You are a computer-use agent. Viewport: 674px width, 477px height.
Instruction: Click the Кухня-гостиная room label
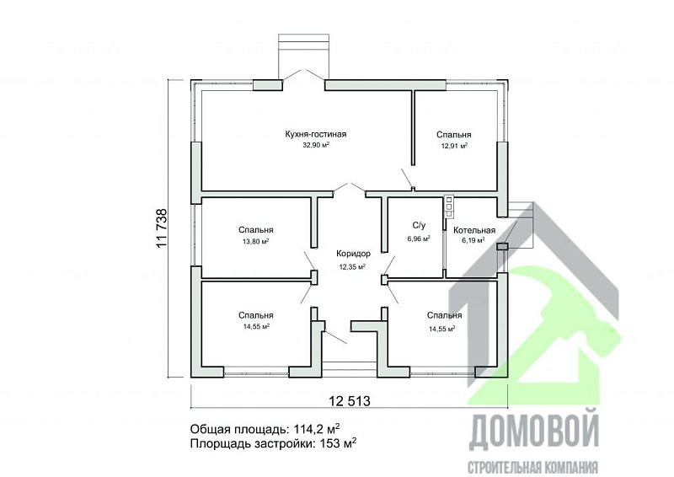click(316, 134)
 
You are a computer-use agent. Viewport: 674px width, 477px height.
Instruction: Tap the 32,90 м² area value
click(316, 145)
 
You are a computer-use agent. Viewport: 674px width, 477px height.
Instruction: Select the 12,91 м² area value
click(453, 146)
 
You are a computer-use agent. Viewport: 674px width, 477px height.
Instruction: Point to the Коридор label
click(352, 255)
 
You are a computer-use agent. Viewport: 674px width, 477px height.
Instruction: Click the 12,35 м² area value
click(352, 266)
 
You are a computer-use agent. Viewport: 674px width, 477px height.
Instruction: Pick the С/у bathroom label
click(419, 227)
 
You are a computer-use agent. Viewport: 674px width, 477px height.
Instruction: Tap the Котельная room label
click(474, 230)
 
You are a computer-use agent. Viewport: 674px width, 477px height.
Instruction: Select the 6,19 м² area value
click(473, 241)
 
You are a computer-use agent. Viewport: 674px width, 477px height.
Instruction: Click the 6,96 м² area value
click(419, 238)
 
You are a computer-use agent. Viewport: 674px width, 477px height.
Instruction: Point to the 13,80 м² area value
click(255, 241)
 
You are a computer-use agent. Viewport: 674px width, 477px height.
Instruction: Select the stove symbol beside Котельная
click(449, 202)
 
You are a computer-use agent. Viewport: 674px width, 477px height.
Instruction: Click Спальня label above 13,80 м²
click(255, 230)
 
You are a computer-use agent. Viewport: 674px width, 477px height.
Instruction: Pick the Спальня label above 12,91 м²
click(453, 135)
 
